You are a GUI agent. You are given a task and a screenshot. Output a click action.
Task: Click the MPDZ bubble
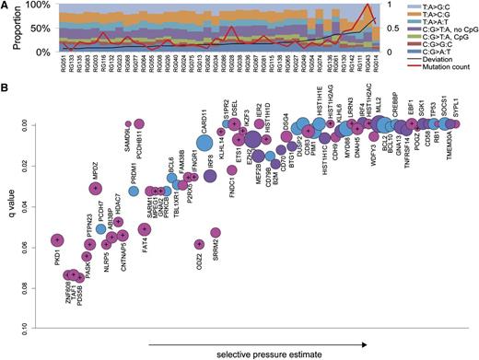point(95,189)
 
